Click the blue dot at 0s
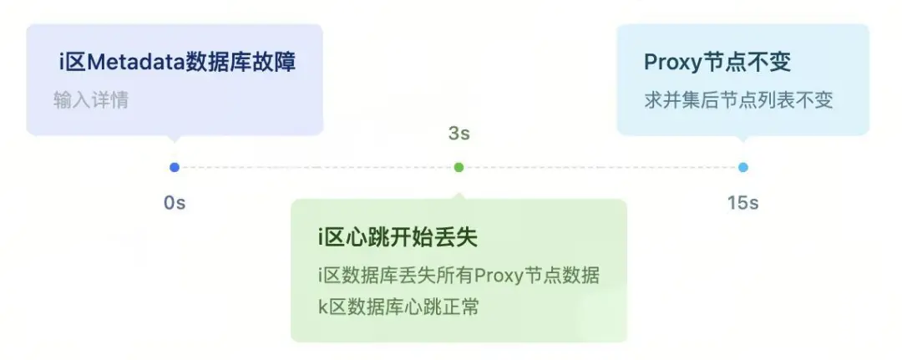click(174, 167)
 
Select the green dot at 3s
click(459, 167)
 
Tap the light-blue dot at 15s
click(743, 167)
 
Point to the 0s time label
click(174, 203)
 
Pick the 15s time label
click(742, 203)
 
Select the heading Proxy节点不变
click(717, 62)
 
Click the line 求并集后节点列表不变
click(738, 100)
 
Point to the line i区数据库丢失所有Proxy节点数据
click(459, 276)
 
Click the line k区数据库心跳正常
click(398, 307)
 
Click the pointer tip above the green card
click(459, 195)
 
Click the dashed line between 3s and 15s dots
click(601, 167)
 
